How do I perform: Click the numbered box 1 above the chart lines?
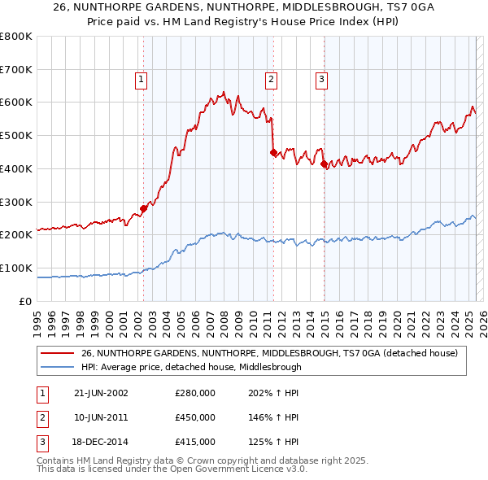point(142,79)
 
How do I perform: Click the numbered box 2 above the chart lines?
point(271,79)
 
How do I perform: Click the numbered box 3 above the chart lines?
point(322,79)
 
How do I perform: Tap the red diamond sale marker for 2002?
point(144,208)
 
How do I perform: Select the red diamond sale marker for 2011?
point(273,151)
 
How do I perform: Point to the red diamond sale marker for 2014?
point(325,164)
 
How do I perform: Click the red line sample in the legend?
point(56,354)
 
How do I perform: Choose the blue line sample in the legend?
point(56,367)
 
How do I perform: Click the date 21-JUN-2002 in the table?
point(101,393)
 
